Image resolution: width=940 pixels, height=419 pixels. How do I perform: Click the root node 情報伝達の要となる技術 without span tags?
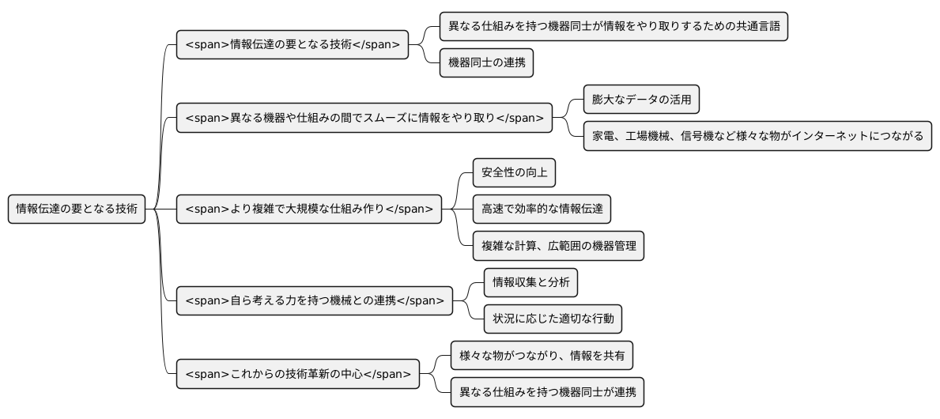[77, 209]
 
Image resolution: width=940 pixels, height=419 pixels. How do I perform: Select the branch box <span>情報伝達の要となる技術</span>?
[293, 44]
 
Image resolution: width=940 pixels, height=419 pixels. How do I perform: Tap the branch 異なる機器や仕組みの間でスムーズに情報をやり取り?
[364, 118]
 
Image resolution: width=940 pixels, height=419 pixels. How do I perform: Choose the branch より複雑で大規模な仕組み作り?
[308, 209]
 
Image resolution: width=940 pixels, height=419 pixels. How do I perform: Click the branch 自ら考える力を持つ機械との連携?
[314, 300]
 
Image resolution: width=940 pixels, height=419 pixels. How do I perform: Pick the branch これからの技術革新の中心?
[297, 374]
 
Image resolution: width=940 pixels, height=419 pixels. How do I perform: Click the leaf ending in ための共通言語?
[613, 26]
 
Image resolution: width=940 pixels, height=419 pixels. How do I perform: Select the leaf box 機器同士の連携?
[486, 62]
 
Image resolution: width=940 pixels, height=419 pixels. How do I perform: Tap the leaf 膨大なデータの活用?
[641, 100]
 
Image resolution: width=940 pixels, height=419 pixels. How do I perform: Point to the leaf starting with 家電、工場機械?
[757, 136]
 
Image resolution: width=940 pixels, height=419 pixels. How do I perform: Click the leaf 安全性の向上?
[514, 172]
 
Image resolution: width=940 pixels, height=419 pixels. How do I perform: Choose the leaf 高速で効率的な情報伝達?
[542, 209]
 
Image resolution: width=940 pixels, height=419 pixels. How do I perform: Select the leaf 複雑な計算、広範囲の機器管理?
[558, 246]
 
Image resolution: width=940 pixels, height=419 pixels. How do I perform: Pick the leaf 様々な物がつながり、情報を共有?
[542, 356]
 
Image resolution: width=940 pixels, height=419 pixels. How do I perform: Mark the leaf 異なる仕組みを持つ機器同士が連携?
[547, 392]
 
